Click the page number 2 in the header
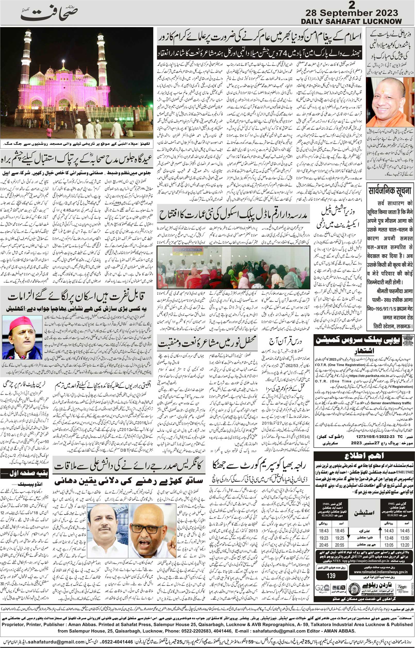point(352,5)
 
